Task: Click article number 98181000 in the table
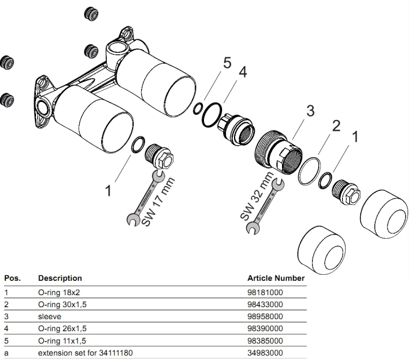[265, 292]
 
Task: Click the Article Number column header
[276, 278]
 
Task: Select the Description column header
[60, 278]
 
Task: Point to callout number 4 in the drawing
[242, 72]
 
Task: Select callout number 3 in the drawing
[310, 111]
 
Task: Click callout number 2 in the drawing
[336, 126]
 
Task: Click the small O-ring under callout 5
[198, 108]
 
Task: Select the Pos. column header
[13, 278]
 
